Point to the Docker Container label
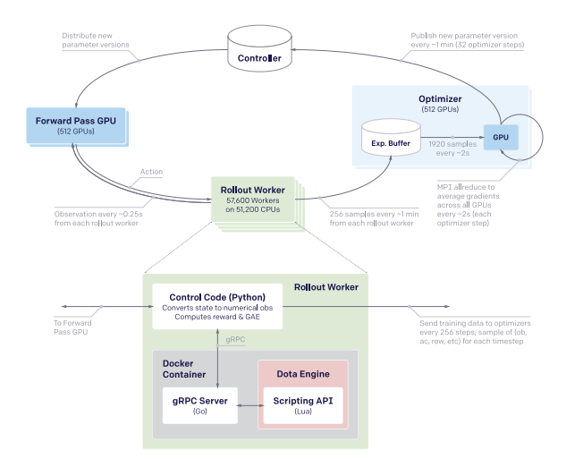point(186,370)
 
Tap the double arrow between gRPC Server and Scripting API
point(250,404)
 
